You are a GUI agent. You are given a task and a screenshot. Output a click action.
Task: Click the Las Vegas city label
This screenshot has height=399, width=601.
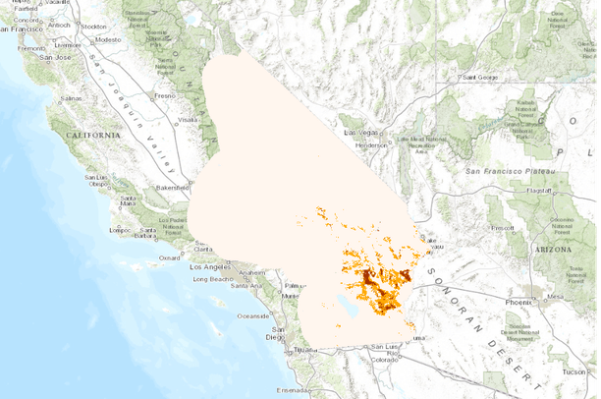(x=359, y=132)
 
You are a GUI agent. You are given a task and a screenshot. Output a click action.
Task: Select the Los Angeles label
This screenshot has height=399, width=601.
(x=208, y=267)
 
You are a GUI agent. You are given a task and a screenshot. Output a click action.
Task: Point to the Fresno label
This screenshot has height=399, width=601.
(x=163, y=96)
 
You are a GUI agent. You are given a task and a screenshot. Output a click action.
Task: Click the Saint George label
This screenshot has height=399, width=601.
(x=482, y=77)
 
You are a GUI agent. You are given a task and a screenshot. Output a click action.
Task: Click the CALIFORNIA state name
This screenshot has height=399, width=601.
(x=92, y=134)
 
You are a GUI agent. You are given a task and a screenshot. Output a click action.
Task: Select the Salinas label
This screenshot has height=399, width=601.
(x=71, y=99)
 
